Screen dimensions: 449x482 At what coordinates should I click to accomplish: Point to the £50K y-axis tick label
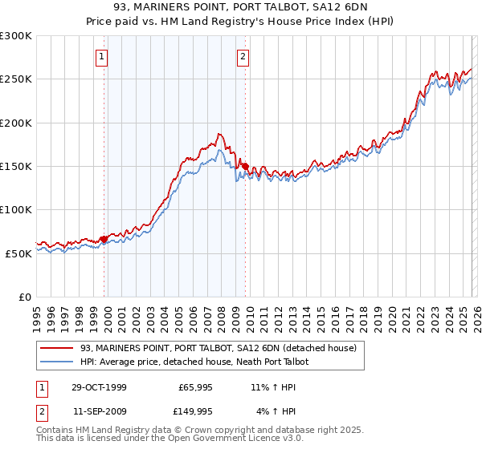coord(18,253)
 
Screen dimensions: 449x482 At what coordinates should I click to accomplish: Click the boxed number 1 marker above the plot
coord(103,56)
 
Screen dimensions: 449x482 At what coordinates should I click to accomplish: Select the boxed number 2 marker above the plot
coord(243,56)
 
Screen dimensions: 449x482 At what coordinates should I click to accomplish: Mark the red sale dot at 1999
coord(104,239)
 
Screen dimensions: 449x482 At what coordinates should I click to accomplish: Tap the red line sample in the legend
coord(57,348)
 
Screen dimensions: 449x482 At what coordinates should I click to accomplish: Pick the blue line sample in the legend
coord(57,362)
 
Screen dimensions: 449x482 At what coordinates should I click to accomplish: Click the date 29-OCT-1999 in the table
coord(99,387)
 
